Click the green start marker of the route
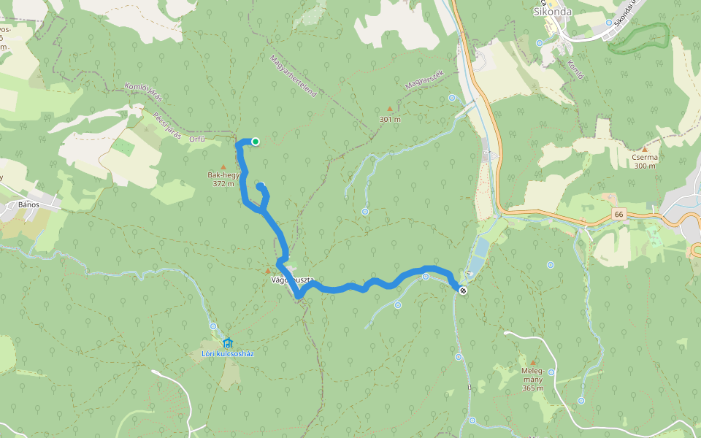(x=256, y=142)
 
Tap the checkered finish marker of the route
(x=463, y=291)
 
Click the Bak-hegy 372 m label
(x=223, y=180)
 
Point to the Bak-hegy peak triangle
(x=223, y=167)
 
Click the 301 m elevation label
(x=390, y=119)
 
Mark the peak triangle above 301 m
(x=389, y=109)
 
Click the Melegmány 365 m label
(x=533, y=379)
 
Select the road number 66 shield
(x=619, y=214)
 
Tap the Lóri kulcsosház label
(x=228, y=353)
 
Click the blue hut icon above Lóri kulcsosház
(x=228, y=342)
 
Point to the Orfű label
(x=196, y=139)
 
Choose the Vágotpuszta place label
(x=292, y=280)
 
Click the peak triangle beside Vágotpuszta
(x=267, y=272)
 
